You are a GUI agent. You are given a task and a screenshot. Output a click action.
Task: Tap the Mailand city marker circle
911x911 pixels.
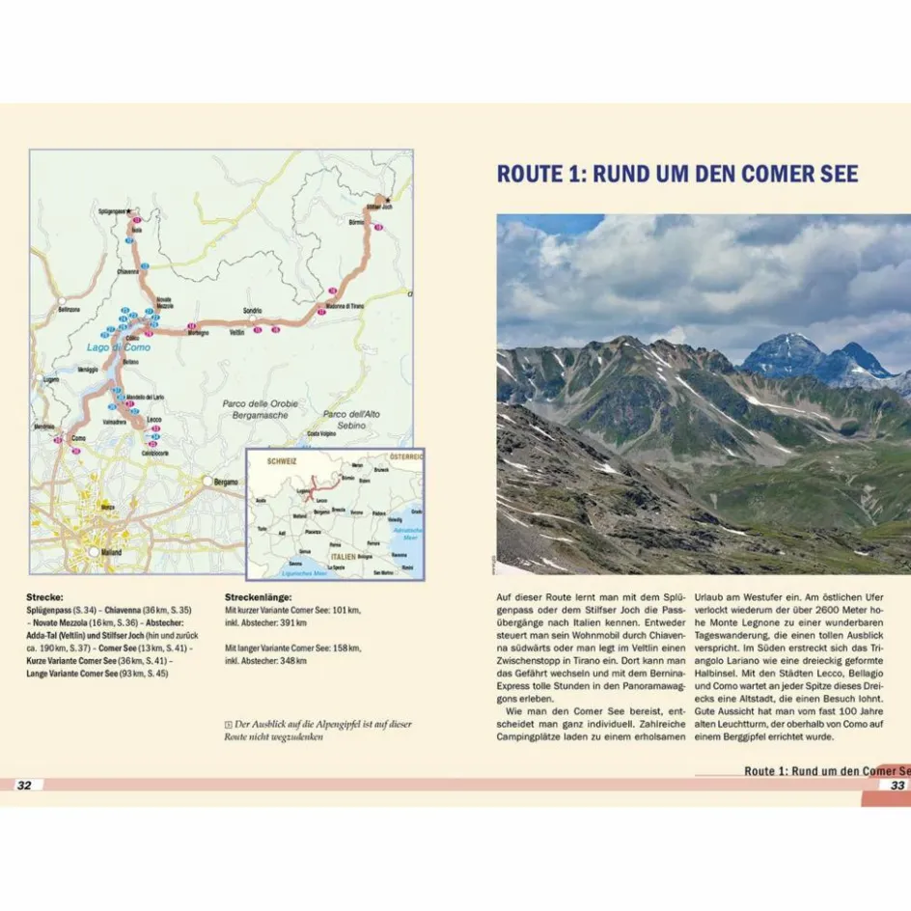[94, 552]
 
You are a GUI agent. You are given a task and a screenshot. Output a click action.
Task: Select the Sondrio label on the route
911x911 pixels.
[253, 311]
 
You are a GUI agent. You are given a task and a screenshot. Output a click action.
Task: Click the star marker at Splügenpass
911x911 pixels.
[130, 209]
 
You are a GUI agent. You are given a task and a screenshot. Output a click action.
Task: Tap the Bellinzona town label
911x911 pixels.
[69, 310]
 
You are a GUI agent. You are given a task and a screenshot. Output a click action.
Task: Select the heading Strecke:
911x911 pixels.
[44, 597]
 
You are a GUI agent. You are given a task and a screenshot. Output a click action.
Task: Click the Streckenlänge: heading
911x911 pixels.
[256, 597]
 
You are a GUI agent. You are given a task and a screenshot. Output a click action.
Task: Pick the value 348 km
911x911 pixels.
[294, 660]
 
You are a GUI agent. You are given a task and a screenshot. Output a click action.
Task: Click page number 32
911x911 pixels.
[24, 786]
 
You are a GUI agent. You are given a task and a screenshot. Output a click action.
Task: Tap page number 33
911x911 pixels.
[897, 786]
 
